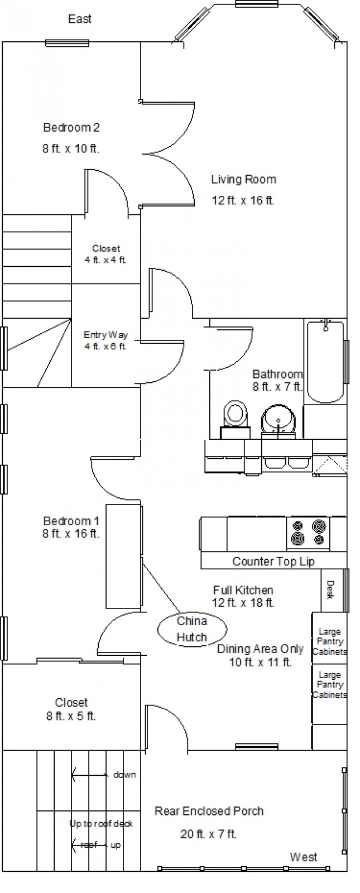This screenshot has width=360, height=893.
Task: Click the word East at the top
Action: coord(80,19)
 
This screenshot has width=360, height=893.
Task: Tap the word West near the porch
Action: coord(304,857)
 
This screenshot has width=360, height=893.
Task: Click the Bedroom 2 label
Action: coord(71,128)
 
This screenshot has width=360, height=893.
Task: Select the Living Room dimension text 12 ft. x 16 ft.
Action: coord(243,200)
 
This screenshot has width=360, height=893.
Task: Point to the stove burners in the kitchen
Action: coord(308,532)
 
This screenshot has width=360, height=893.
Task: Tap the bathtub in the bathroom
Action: coord(324,362)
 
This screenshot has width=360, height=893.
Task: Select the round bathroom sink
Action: coord(279,420)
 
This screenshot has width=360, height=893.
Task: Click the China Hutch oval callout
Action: coord(192,629)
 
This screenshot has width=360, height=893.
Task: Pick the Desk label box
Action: coord(330,590)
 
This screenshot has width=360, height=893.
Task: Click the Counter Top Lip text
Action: coord(273,561)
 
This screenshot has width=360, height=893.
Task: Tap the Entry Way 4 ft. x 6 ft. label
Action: coord(105,340)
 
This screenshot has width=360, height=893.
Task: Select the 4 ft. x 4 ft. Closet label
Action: coord(105,254)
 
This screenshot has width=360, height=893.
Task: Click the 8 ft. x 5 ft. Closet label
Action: coord(71,710)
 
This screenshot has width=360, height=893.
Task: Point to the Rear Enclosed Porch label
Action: coord(209,811)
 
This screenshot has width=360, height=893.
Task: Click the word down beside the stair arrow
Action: coord(125,775)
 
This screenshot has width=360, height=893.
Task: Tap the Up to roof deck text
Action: coord(101,824)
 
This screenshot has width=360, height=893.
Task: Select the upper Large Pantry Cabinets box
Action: coord(329,638)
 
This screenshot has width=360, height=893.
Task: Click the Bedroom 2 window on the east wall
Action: coord(67,44)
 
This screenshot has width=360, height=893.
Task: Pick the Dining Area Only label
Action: coord(260,649)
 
